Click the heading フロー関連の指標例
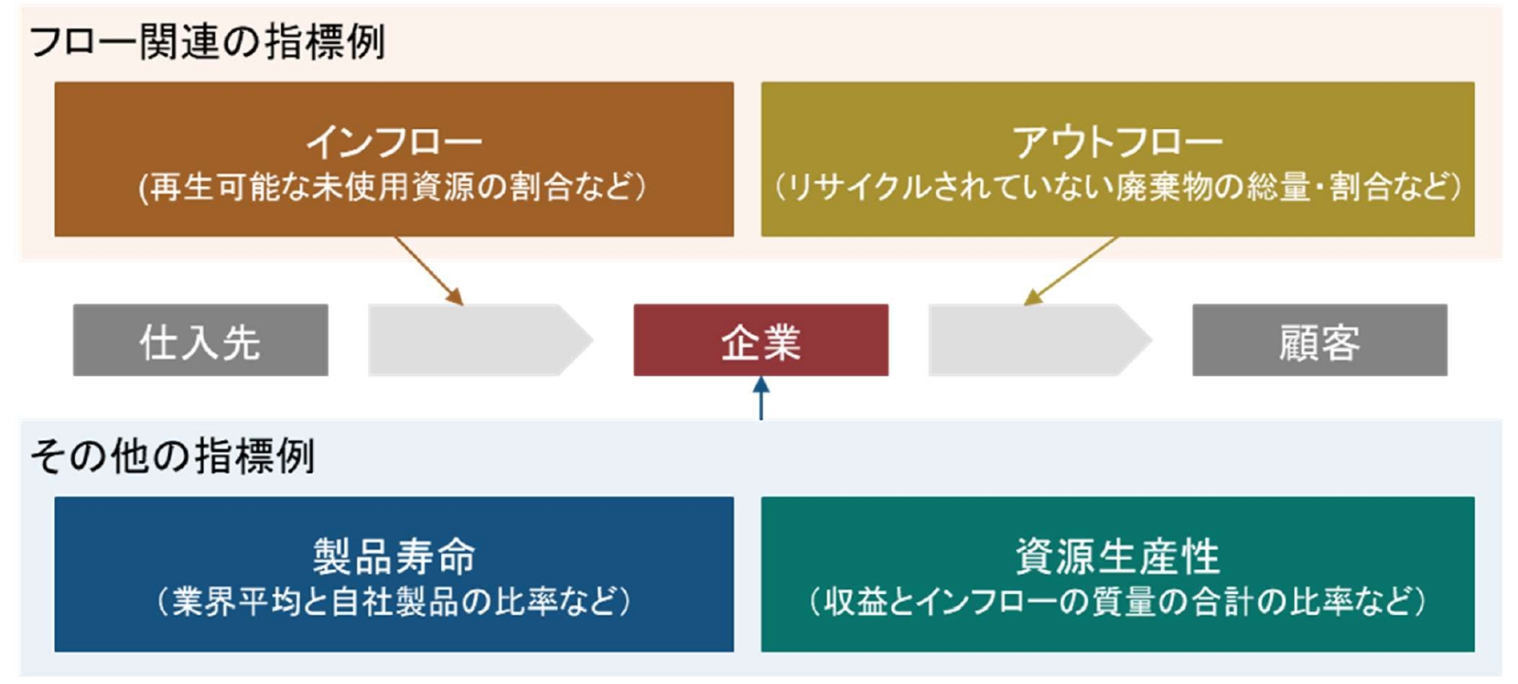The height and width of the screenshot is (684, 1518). (x=208, y=42)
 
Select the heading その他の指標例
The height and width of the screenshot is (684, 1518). (x=172, y=455)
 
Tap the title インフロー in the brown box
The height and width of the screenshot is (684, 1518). (x=394, y=141)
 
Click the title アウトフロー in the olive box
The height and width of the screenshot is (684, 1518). (x=1118, y=141)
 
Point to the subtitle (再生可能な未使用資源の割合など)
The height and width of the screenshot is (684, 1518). (x=393, y=187)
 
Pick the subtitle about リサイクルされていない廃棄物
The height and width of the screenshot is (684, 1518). (x=1118, y=187)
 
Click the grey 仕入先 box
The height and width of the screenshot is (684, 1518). (x=200, y=341)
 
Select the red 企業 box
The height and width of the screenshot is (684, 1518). (x=761, y=341)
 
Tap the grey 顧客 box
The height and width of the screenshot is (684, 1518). (x=1320, y=341)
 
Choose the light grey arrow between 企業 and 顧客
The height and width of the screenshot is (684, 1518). (x=1040, y=341)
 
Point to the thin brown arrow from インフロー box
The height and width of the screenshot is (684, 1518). (x=429, y=270)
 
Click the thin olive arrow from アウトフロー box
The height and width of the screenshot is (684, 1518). (x=1070, y=270)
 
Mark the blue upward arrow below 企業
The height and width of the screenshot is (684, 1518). (x=761, y=398)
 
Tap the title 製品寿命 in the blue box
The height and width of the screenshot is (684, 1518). (x=394, y=557)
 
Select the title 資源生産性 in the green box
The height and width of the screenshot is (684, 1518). (x=1118, y=557)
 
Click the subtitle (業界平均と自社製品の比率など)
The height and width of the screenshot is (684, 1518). (x=394, y=602)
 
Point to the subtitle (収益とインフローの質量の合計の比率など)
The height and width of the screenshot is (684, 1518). (x=1118, y=602)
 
